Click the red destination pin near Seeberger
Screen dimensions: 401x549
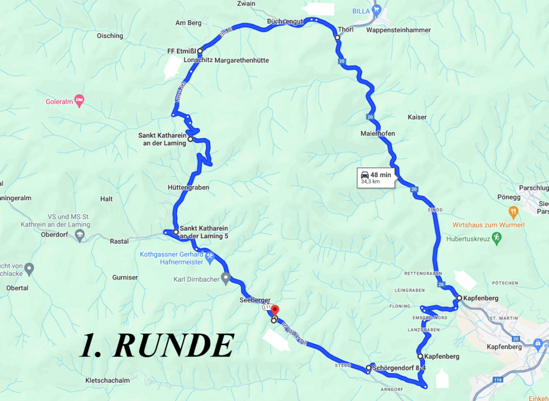click(x=276, y=310)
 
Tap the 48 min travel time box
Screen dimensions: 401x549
click(x=376, y=178)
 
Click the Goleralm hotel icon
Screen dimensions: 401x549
click(x=79, y=100)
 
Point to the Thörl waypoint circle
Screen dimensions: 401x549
click(x=337, y=38)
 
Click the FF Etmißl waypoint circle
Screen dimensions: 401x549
click(x=199, y=51)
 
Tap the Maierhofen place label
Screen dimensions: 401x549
click(x=378, y=133)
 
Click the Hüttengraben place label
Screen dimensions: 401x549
click(x=188, y=188)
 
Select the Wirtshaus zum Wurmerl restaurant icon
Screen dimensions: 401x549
click(x=513, y=212)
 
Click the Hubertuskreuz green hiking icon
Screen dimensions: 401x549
click(x=497, y=236)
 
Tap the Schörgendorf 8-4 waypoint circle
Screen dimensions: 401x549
click(x=368, y=368)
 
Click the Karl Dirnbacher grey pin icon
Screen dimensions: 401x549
click(x=226, y=277)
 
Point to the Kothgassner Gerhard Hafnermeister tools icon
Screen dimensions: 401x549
click(x=210, y=256)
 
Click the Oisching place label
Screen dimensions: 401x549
click(x=109, y=36)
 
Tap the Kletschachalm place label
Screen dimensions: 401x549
click(x=107, y=381)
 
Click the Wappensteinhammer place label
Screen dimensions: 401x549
click(x=398, y=31)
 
